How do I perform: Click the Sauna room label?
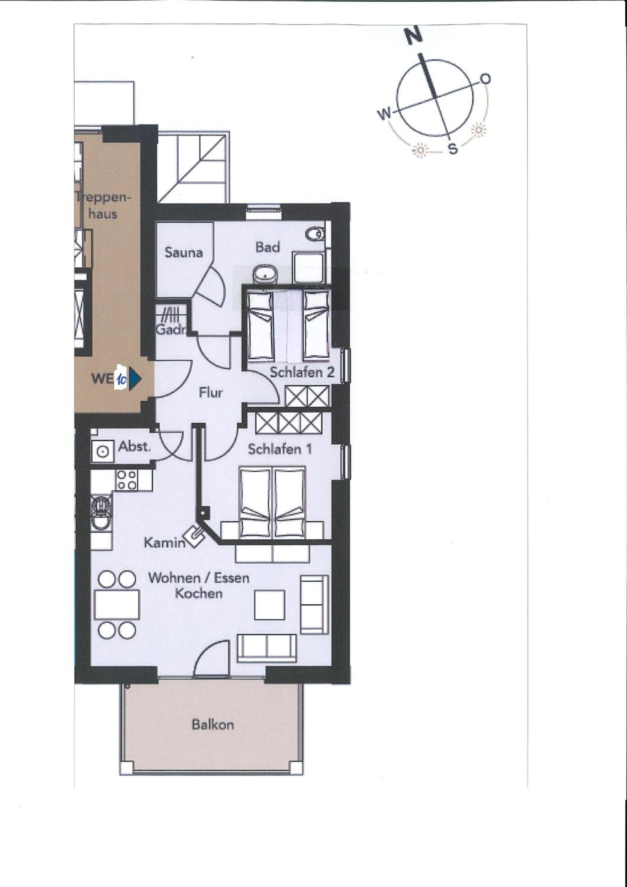pyautogui.click(x=183, y=252)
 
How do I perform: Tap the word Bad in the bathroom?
pyautogui.click(x=268, y=247)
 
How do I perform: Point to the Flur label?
pyautogui.click(x=210, y=393)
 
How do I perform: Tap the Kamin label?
pyautogui.click(x=165, y=543)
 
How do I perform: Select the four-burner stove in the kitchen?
pyautogui.click(x=127, y=480)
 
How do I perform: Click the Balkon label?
pyautogui.click(x=213, y=724)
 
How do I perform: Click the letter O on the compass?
pyautogui.click(x=485, y=79)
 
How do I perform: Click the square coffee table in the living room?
pyautogui.click(x=269, y=605)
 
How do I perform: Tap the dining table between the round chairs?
pyautogui.click(x=117, y=605)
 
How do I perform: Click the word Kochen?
pyautogui.click(x=199, y=593)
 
